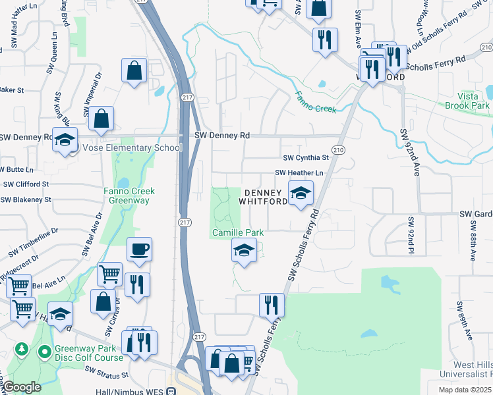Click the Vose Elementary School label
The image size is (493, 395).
(132, 147)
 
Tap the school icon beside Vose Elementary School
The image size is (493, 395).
(65, 140)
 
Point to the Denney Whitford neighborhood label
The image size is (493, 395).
(266, 197)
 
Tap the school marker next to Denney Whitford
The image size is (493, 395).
(301, 194)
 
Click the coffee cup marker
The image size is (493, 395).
(139, 250)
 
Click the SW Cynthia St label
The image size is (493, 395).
(306, 158)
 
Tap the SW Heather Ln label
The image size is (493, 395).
(301, 172)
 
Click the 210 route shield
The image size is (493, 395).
(338, 151)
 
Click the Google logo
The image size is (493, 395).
(21, 387)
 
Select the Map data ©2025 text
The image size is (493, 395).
(465, 390)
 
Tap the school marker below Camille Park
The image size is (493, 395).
(244, 251)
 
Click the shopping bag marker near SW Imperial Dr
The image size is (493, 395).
(101, 119)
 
